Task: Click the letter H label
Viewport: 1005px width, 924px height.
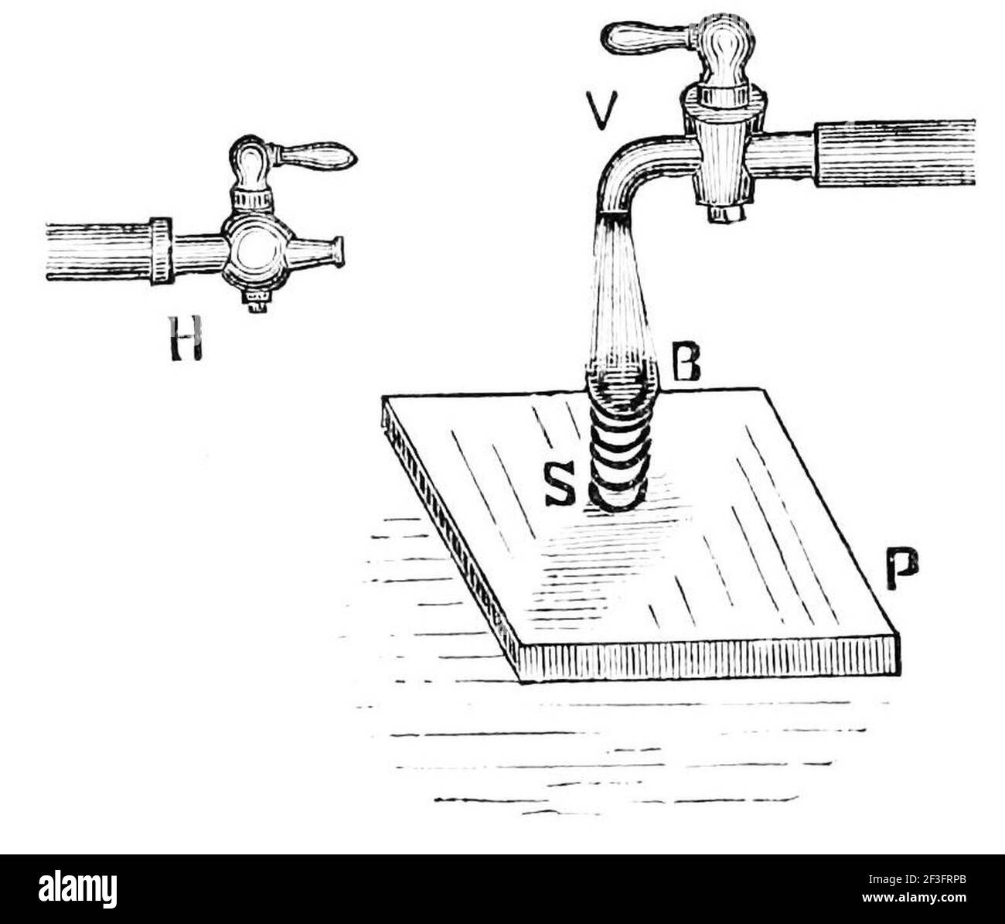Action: click(186, 339)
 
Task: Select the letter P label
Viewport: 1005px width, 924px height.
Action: click(903, 568)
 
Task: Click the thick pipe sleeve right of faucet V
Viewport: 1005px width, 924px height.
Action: click(894, 152)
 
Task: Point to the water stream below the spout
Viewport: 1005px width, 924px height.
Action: click(622, 291)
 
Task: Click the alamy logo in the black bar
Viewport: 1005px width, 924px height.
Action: click(77, 889)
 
